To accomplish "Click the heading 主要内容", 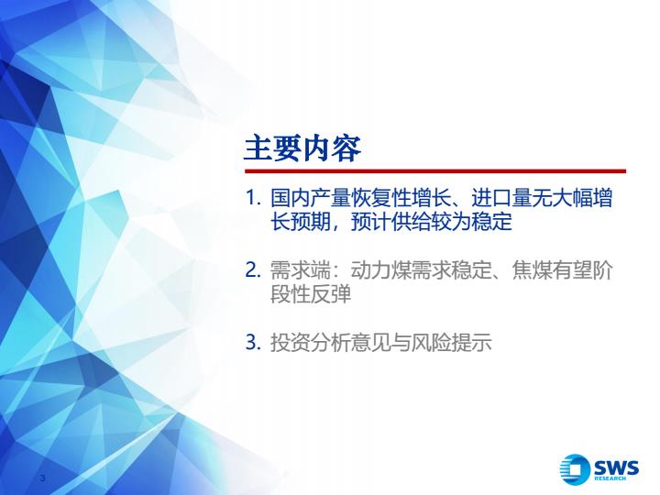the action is (x=302, y=148).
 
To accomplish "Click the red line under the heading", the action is (x=435, y=171).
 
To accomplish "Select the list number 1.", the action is (x=253, y=198).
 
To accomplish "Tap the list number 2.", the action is (x=253, y=269).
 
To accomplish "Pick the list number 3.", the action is (x=253, y=342).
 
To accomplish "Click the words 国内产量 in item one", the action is (x=310, y=198).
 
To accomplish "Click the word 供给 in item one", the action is (x=411, y=222).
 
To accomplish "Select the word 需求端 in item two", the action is (x=300, y=269).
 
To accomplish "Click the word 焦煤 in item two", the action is (x=532, y=269).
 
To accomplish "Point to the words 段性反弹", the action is (x=310, y=294).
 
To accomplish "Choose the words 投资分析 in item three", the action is (x=310, y=342).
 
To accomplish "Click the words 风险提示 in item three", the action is (x=451, y=342).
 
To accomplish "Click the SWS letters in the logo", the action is (x=616, y=467).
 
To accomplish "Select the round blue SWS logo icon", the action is (x=575, y=469).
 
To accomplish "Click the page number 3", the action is (x=42, y=478).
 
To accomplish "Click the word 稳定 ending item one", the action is (x=491, y=222).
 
